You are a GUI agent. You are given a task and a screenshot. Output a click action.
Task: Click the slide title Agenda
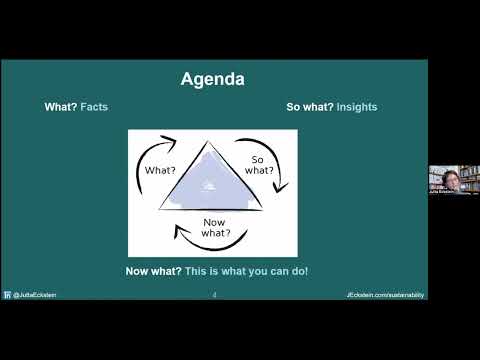coord(212,78)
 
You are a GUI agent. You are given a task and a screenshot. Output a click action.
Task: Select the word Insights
coord(357,107)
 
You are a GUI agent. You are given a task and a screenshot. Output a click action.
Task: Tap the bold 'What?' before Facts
coord(61,107)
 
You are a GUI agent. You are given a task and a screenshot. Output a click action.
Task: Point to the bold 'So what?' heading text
coord(309,107)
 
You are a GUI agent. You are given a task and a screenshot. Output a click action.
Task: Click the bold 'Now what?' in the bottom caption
coord(153,271)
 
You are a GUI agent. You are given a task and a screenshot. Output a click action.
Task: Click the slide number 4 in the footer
coord(214,295)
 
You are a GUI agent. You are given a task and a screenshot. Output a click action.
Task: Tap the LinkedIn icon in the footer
coord(7,295)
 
